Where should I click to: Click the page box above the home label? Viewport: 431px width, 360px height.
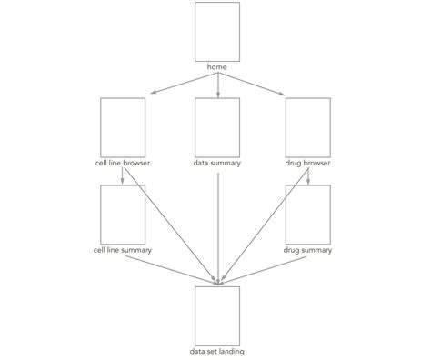click(x=217, y=32)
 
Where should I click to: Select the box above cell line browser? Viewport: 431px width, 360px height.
click(x=123, y=128)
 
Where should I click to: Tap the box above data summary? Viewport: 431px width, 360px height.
click(x=217, y=128)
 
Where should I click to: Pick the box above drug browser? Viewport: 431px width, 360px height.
click(x=307, y=128)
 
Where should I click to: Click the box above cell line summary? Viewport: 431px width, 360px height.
click(x=123, y=215)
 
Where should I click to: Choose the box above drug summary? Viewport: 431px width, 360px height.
click(x=307, y=215)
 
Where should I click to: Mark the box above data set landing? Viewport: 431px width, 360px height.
click(x=217, y=315)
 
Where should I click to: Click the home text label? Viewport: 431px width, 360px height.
click(x=217, y=67)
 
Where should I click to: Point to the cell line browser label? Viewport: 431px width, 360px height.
click(x=123, y=164)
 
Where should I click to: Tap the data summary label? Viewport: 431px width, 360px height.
click(x=217, y=164)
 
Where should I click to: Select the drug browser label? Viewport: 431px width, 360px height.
click(x=307, y=164)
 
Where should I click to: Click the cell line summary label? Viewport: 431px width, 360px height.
click(x=123, y=249)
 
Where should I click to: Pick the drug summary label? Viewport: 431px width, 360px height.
click(x=307, y=249)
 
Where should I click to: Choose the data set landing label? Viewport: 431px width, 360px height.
click(x=217, y=350)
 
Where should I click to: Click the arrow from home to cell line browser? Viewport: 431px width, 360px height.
click(x=182, y=83)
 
